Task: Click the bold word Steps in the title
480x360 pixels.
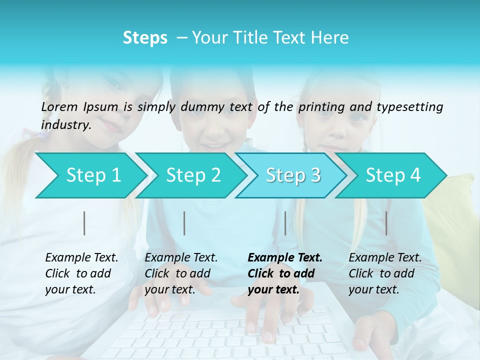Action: coord(145,38)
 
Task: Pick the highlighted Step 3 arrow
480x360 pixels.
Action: coord(293,175)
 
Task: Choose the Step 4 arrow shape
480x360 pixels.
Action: coord(393,175)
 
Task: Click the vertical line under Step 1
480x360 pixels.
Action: coord(84,223)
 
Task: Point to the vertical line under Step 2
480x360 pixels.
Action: coord(184,223)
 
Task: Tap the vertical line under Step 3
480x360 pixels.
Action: coord(285,223)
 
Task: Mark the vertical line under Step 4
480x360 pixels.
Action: coord(386,223)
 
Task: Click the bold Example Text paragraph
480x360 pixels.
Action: coord(284,273)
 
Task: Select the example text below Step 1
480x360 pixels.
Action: coord(81,273)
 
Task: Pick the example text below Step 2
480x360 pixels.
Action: coord(181,273)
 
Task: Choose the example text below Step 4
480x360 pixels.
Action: coord(385,273)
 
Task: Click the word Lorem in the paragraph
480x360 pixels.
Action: coord(59,106)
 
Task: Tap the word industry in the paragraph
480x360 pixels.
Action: coord(66,124)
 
